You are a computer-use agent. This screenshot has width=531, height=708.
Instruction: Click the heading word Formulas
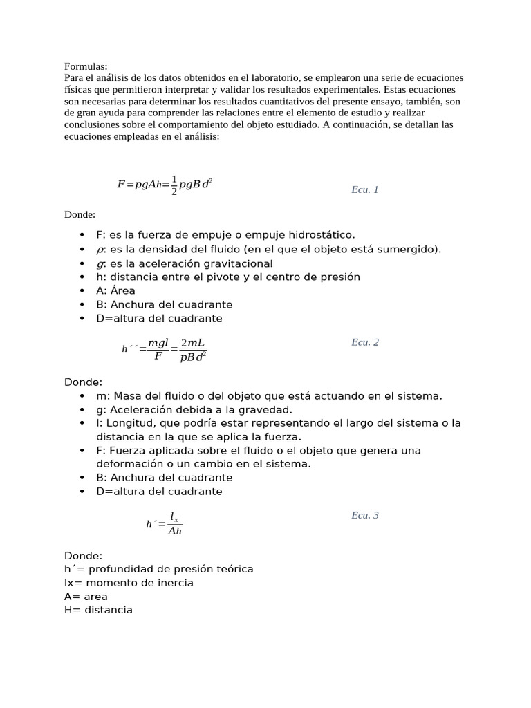(x=86, y=66)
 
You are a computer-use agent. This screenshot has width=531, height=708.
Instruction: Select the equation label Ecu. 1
(x=364, y=189)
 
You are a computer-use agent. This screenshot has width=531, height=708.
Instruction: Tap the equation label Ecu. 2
(x=364, y=342)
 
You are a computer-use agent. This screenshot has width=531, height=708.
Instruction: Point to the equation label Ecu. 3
(x=364, y=515)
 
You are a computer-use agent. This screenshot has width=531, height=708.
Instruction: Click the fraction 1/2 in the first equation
(x=174, y=185)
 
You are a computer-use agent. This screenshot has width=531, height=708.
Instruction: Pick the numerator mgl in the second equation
(x=158, y=343)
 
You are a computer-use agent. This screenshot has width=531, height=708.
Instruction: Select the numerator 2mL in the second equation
(x=192, y=343)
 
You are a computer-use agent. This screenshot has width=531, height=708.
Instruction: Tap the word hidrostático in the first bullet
(x=323, y=235)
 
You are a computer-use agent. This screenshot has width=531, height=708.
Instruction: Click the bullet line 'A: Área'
(x=115, y=290)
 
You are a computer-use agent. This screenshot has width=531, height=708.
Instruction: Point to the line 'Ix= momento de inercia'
(x=129, y=583)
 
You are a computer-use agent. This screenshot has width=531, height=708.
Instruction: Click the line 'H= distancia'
(x=98, y=610)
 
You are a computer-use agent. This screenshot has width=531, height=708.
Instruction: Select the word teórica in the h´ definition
(x=233, y=569)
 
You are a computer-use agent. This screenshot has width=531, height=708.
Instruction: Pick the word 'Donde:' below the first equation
(x=80, y=215)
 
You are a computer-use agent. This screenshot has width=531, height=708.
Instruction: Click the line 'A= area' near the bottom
(x=86, y=596)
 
